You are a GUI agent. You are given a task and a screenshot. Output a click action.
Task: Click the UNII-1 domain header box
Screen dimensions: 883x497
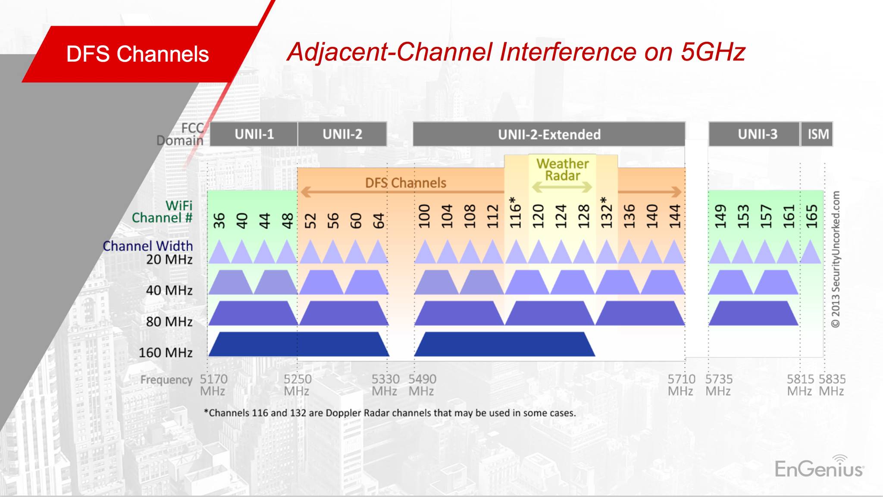pos(254,134)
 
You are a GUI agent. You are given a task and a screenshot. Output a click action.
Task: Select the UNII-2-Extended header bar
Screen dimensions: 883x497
pos(549,134)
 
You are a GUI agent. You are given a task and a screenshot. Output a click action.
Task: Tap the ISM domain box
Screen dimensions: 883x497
pos(817,134)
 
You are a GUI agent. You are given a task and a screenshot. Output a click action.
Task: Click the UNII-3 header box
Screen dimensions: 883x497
pos(754,134)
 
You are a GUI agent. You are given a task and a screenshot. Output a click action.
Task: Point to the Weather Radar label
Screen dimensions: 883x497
pos(562,169)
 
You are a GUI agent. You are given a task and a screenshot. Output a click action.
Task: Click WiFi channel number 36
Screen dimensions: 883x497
pos(219,220)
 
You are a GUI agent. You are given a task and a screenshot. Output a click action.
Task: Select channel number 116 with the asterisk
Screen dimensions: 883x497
pos(515,213)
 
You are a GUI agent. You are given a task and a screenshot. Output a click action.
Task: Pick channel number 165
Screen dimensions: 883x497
pos(811,216)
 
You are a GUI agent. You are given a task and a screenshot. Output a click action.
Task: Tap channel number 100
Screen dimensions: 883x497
pos(424,216)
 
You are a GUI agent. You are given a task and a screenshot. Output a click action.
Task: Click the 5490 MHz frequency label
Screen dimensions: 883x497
pos(422,385)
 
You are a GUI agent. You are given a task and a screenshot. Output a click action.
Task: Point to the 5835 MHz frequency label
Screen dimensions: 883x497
pos(832,385)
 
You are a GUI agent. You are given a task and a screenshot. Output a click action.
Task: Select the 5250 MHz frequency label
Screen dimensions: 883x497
pos(297,385)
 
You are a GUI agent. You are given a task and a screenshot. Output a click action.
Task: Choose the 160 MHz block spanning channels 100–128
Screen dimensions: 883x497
pos(504,344)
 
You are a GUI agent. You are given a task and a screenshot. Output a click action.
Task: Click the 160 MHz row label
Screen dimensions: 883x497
pos(166,353)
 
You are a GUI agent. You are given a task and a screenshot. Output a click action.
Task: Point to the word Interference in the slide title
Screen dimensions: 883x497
pos(568,52)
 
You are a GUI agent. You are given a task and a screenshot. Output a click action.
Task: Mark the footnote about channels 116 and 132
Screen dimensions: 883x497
pos(390,413)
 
